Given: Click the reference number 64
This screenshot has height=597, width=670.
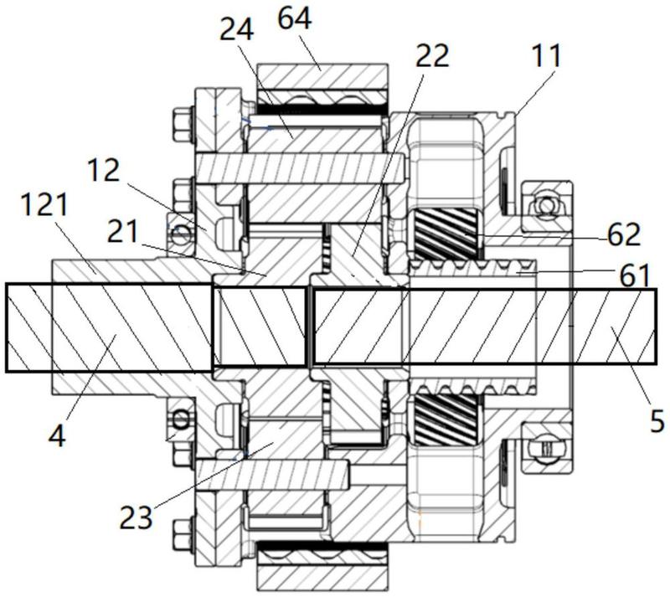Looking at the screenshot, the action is point(295,19).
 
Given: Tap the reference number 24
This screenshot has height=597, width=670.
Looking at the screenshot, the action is point(237,30).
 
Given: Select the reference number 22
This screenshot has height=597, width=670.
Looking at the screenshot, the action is point(432,55).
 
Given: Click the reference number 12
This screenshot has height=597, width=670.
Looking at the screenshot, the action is point(103,171).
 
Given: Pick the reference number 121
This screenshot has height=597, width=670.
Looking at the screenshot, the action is point(44,204).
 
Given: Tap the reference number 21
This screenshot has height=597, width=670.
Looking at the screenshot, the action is point(122,232).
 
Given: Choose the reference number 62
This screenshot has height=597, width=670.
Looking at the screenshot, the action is point(624,234).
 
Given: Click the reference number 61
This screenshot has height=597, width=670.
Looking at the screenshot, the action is point(634,275).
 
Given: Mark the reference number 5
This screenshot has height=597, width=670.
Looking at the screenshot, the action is point(657,420).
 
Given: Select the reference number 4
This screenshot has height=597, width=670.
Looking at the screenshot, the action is point(57,436).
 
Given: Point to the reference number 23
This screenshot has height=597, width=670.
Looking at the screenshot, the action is point(136,517).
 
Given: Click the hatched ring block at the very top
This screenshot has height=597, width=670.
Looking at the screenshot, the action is point(322,77).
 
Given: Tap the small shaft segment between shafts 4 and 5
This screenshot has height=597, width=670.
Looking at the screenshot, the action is point(260,327).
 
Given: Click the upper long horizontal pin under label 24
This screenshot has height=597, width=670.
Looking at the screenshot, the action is point(300,168).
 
